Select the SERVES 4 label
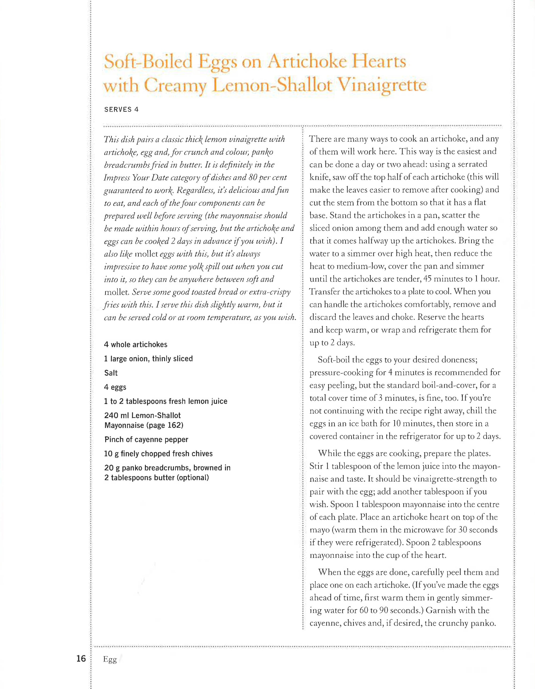(121, 109)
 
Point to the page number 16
(81, 658)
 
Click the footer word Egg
(110, 659)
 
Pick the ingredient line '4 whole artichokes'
(136, 344)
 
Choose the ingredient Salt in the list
(111, 373)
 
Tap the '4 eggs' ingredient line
(115, 387)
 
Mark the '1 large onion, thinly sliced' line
(148, 359)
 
